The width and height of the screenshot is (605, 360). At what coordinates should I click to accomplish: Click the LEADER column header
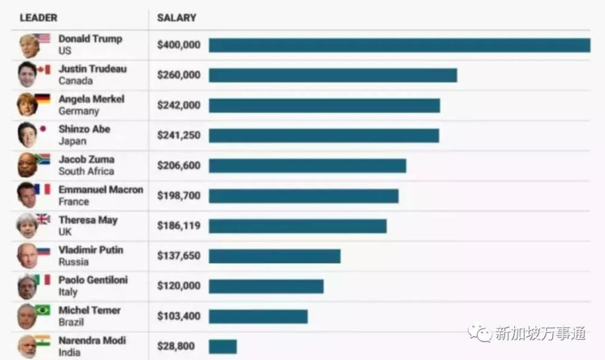point(38,18)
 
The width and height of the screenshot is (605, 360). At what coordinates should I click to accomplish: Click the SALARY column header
point(176,18)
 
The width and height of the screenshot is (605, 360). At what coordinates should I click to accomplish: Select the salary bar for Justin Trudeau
point(333,75)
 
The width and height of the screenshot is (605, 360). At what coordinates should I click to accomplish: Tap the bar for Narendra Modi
point(223,347)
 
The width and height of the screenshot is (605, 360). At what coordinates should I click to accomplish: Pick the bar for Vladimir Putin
point(275,256)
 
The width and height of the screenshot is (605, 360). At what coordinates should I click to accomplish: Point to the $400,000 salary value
point(178,45)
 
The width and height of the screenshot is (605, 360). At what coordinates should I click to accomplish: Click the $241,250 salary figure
point(178,136)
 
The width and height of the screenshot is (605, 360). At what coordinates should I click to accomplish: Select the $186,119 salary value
point(178,226)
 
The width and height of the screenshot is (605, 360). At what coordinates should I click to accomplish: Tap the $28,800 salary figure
point(176,346)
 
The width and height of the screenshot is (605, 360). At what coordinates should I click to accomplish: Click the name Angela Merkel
point(91,99)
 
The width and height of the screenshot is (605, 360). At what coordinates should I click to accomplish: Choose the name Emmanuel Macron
point(100,189)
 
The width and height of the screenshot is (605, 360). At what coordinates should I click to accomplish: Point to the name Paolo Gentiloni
point(93,280)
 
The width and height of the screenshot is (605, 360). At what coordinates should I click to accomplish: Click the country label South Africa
point(86,171)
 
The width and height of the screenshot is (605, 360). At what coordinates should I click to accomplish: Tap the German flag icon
point(42,99)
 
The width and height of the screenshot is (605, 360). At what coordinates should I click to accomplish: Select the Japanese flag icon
point(42,129)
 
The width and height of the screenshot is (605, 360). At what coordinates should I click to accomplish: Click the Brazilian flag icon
point(42,310)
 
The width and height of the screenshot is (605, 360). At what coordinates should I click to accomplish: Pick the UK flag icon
point(43,219)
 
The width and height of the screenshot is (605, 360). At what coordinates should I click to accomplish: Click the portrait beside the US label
point(28,45)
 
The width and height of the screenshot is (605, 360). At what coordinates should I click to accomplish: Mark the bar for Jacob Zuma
point(307,166)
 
